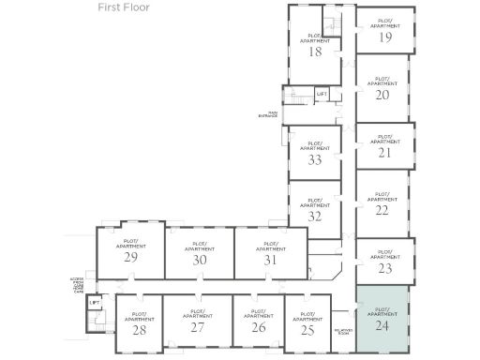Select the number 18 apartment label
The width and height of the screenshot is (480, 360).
[315, 52]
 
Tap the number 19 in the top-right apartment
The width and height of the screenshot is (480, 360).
[385, 37]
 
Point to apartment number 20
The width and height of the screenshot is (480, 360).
[382, 95]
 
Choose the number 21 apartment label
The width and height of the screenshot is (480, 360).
[382, 152]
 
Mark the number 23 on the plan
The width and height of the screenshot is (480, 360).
[383, 267]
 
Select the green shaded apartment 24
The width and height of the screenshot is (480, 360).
[381, 327]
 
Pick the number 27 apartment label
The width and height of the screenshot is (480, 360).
[197, 328]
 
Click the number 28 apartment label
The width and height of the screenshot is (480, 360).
[139, 329]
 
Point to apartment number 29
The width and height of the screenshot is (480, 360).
[131, 257]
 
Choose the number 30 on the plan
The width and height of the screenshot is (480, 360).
[199, 260]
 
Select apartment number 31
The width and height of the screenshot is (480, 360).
[271, 260]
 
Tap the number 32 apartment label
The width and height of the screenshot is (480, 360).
[315, 216]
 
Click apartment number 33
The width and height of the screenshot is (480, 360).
[315, 159]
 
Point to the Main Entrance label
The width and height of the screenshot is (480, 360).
[268, 114]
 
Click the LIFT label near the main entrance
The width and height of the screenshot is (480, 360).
[322, 94]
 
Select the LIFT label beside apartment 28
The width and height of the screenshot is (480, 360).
[94, 304]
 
